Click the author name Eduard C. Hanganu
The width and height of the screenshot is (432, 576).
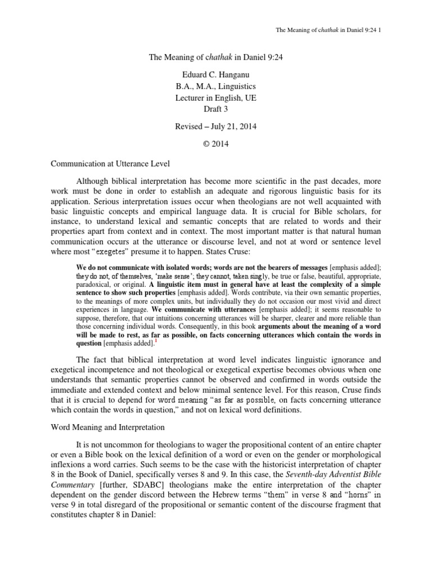[215, 72]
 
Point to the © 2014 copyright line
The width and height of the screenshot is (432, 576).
[215, 144]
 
